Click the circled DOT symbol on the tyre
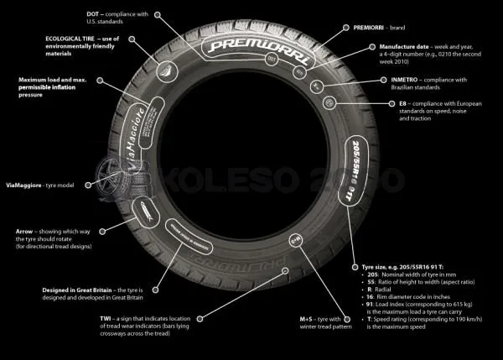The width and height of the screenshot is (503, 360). pos(270,60)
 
